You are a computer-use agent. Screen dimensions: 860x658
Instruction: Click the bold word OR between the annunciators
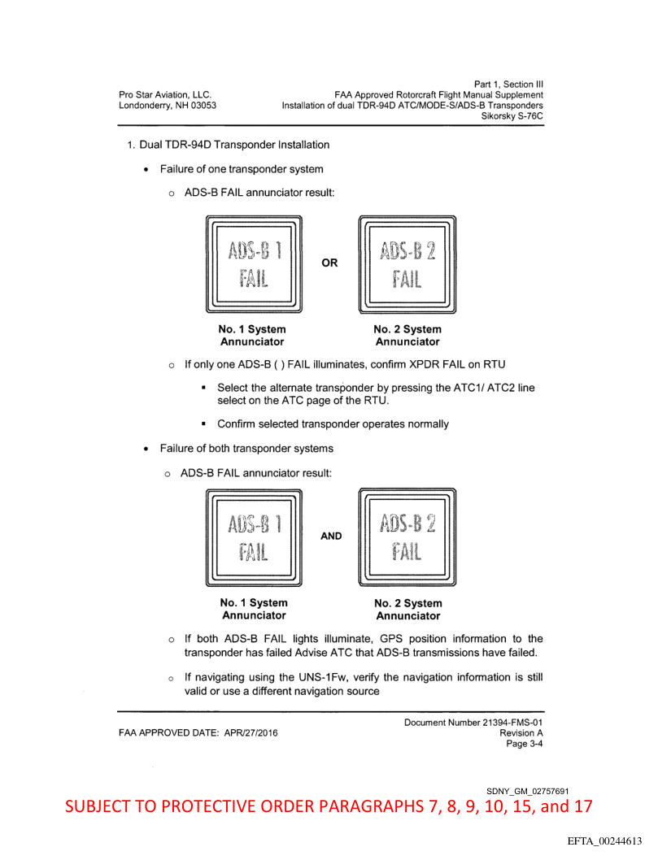click(x=330, y=263)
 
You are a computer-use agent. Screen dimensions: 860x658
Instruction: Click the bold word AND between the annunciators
click(x=331, y=536)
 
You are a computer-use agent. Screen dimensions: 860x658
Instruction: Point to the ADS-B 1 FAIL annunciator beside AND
click(x=253, y=536)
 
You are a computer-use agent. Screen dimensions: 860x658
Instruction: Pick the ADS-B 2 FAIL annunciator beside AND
click(x=407, y=536)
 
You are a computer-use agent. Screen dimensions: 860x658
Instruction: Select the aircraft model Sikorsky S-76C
click(x=512, y=117)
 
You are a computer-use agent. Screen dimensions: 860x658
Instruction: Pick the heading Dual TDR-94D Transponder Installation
click(x=233, y=146)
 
